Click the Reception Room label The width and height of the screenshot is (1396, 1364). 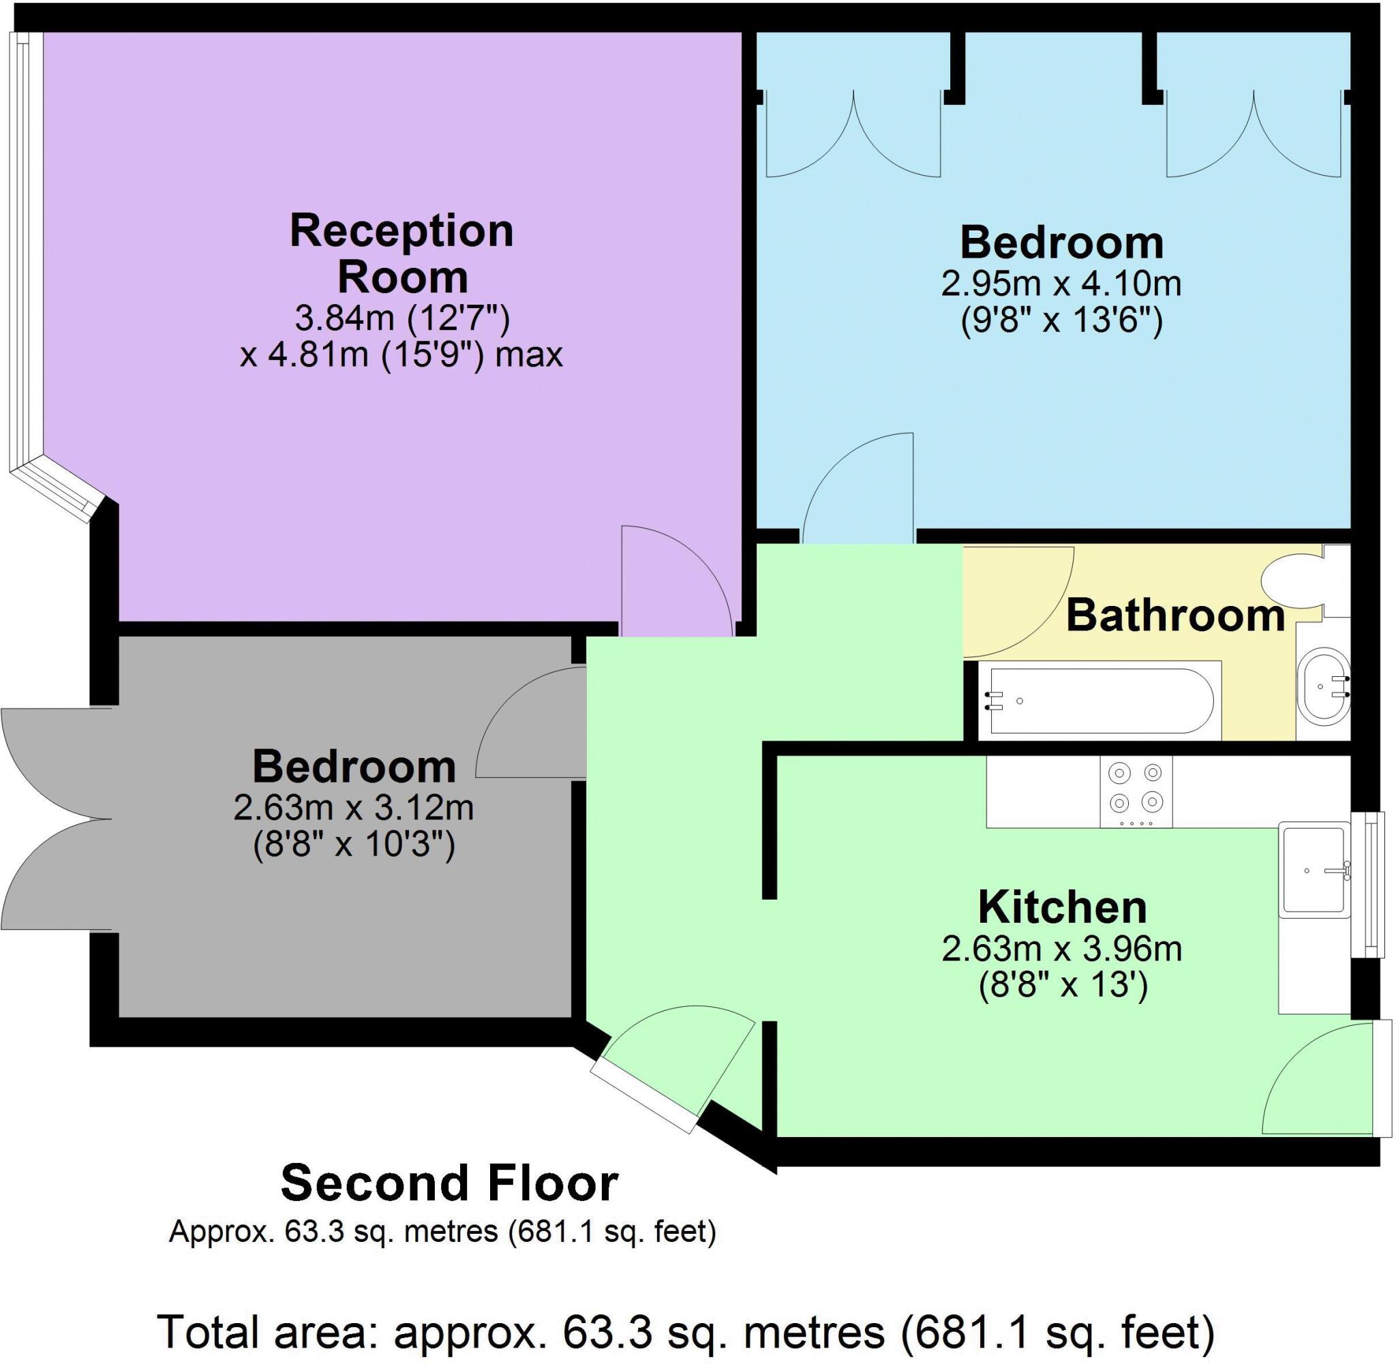pyautogui.click(x=401, y=254)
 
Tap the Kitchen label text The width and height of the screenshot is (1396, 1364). pyautogui.click(x=1062, y=908)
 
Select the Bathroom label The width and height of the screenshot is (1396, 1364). pyautogui.click(x=1174, y=616)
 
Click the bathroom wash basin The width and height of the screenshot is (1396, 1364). pyautogui.click(x=1324, y=686)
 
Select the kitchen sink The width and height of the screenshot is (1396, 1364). pyautogui.click(x=1314, y=870)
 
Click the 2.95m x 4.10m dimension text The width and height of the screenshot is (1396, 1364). pyautogui.click(x=1061, y=284)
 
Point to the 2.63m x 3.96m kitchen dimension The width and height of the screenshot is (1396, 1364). pyautogui.click(x=1061, y=950)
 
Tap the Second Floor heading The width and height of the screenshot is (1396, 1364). pyautogui.click(x=449, y=1183)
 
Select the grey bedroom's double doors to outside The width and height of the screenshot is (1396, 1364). pyautogui.click(x=54, y=819)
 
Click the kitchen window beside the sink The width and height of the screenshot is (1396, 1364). pyautogui.click(x=1369, y=885)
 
